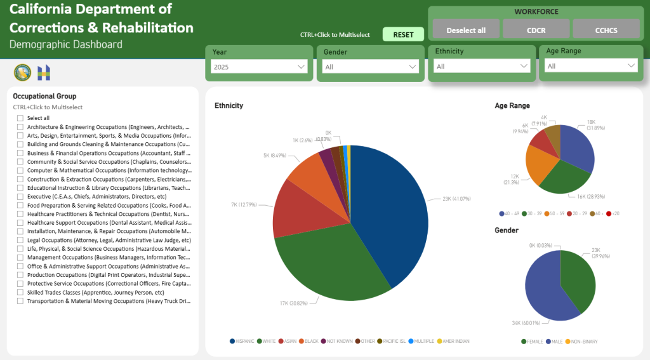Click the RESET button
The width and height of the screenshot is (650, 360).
[403, 35]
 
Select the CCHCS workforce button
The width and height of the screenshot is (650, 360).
[606, 30]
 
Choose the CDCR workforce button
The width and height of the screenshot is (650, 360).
[536, 30]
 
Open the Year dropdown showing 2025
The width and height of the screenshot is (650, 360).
[259, 67]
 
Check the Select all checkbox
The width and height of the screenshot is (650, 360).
[20, 118]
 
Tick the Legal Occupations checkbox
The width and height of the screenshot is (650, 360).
[20, 241]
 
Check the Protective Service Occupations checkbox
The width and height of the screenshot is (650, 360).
[20, 284]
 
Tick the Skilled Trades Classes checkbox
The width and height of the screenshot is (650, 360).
[20, 293]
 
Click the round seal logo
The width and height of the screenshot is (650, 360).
[22, 73]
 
